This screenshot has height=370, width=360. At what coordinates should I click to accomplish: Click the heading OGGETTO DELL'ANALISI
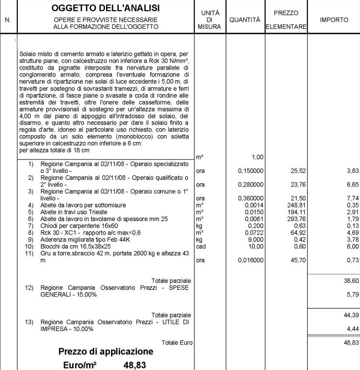click(x=105, y=9)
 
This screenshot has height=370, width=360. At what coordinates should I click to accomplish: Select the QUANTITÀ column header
click(x=245, y=20)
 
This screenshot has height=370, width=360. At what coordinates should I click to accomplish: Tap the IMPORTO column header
click(x=334, y=20)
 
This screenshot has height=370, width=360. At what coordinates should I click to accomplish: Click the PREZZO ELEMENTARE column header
click(x=286, y=20)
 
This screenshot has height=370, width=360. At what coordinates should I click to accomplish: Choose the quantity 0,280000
click(x=250, y=185)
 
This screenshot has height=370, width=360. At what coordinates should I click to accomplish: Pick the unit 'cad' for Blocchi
click(x=201, y=246)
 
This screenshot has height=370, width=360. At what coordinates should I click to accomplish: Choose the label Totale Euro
click(x=177, y=343)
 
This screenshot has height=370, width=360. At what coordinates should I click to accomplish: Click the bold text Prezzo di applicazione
click(x=106, y=352)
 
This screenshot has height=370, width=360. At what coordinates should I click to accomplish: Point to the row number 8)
click(x=31, y=233)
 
